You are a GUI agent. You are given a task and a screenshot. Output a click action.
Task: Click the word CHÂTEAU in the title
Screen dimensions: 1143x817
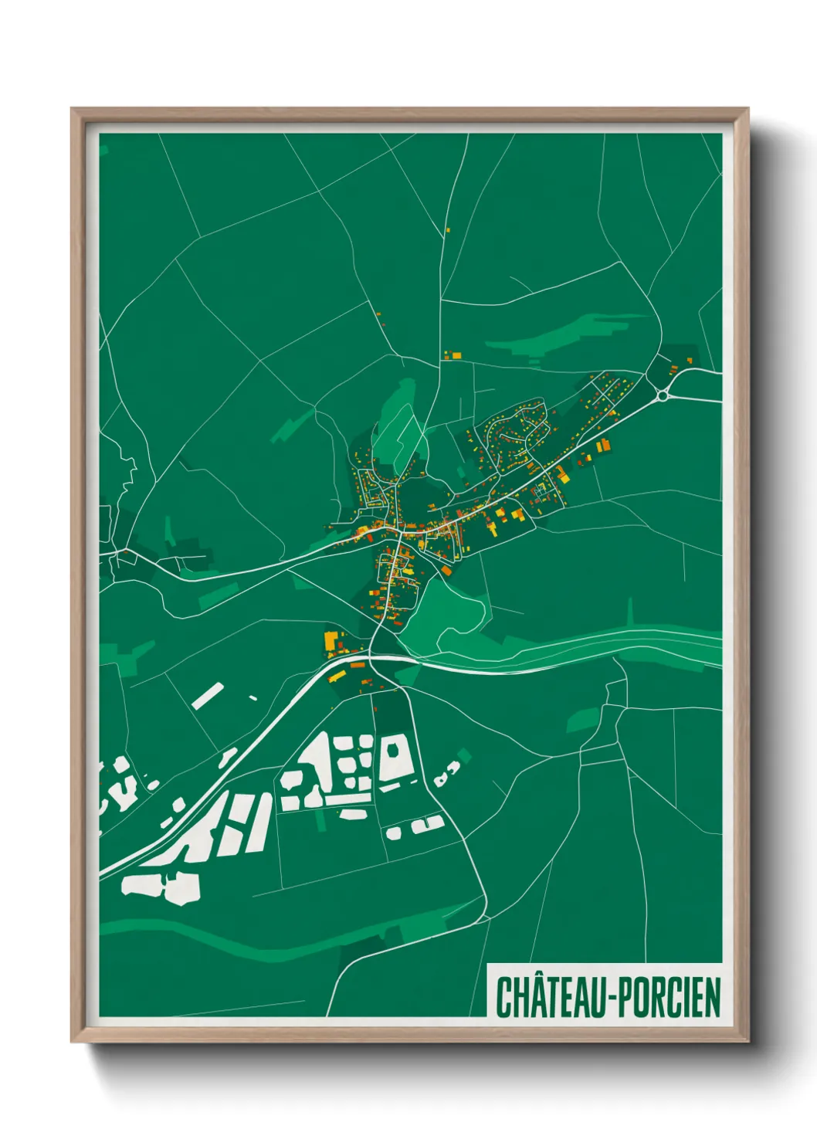click(x=551, y=997)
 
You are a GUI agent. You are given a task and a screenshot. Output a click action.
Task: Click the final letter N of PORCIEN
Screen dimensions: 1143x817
click(x=713, y=997)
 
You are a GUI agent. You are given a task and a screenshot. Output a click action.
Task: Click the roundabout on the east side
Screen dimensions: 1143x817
click(x=663, y=396)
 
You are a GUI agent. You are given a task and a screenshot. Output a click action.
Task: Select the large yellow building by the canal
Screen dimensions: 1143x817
click(x=331, y=641)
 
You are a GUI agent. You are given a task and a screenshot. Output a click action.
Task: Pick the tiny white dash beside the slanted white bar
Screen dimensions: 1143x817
click(x=253, y=698)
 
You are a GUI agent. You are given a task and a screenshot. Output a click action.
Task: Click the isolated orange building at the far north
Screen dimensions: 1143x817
click(x=447, y=229)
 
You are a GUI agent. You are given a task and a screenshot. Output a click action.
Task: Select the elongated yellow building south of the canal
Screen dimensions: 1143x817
click(x=337, y=676)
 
